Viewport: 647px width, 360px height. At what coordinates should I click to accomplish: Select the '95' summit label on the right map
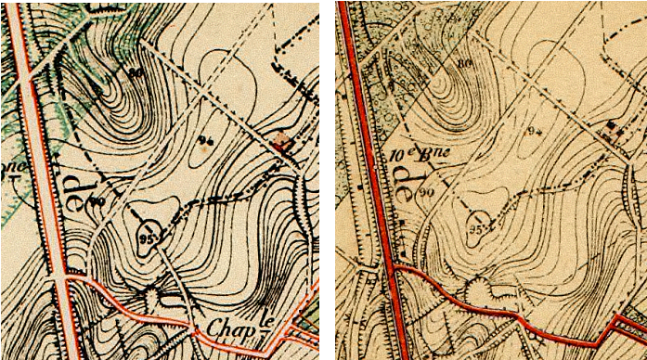[x=477, y=225]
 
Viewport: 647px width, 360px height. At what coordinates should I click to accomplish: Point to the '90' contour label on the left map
[x=97, y=200]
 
